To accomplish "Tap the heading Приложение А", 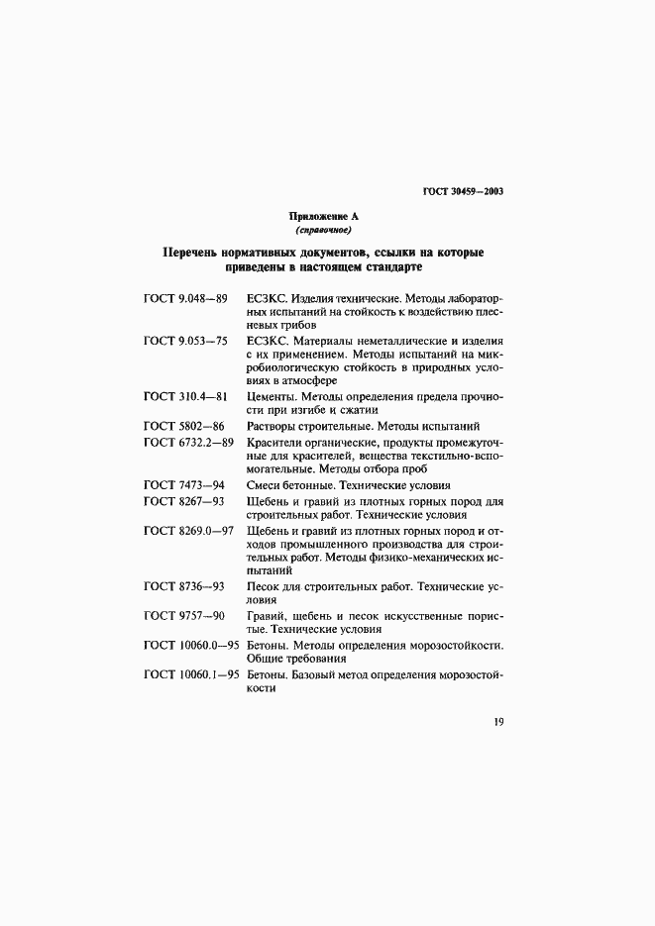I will (x=323, y=216).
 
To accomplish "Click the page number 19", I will (x=498, y=722).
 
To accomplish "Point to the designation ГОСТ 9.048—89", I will (x=186, y=297).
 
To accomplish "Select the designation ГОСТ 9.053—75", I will (x=186, y=340).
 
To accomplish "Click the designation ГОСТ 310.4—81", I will (x=186, y=396).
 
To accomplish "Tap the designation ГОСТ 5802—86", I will (x=183, y=425).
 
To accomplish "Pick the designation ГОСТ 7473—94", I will (x=183, y=485).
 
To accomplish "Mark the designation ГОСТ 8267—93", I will (x=183, y=501).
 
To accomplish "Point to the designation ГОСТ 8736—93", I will (x=183, y=585).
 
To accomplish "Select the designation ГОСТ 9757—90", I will (x=183, y=615).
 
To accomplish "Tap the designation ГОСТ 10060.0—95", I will (x=192, y=645).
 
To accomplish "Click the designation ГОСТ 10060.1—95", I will (x=192, y=674).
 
